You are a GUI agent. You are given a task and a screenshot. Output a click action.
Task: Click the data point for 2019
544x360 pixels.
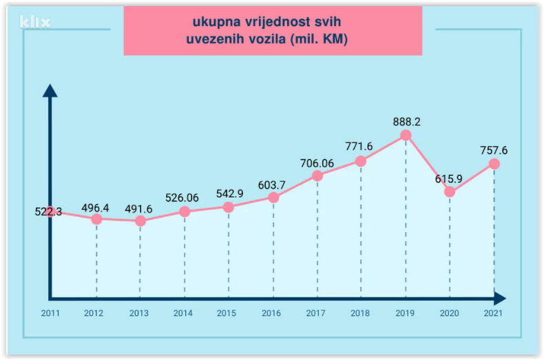pos(406,136)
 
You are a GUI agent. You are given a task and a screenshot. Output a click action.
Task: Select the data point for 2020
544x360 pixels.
pos(450,192)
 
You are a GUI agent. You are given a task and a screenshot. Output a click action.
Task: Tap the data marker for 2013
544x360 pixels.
pos(140,221)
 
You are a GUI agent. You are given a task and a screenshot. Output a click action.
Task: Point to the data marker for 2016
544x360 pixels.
pos(273,198)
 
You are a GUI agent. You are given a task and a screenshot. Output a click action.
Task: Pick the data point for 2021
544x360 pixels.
pos(494,164)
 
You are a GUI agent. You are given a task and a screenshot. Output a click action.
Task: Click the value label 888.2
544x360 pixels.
pos(406,122)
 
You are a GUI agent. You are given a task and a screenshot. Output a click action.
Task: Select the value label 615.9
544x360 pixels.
pos(448,179)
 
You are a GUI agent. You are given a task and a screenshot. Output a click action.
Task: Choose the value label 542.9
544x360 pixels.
pos(229,194)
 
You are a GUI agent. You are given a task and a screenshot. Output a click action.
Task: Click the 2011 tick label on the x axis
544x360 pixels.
pos(50,313)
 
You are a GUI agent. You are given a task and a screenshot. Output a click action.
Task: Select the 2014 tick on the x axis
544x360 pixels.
pos(183,313)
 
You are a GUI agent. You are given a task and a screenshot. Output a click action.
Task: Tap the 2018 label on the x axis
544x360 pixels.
pos(360,313)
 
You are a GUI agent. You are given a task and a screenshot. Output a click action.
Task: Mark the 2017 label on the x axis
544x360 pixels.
pos(316,313)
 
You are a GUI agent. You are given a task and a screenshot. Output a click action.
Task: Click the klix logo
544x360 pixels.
pos(35,23)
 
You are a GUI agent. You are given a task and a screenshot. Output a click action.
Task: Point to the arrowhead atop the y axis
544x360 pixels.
pos(50,91)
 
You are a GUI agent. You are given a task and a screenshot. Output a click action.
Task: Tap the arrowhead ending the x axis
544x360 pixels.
pos(500,299)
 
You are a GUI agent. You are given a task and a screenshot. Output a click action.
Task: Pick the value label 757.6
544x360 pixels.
pos(494,150)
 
